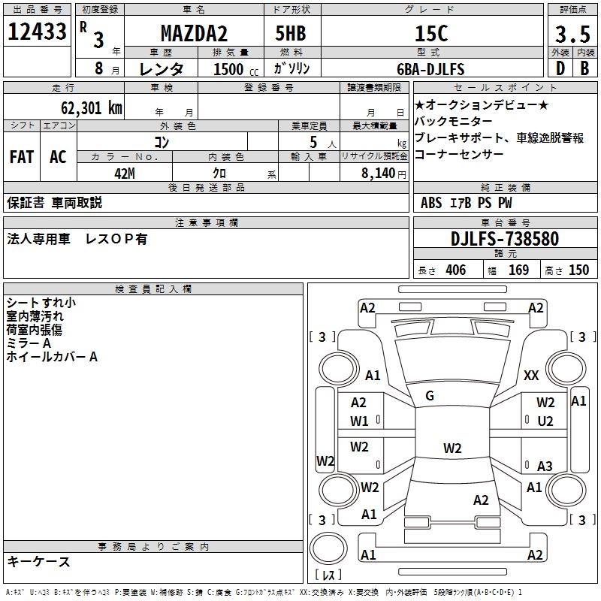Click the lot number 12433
[38, 32]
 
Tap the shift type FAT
[22, 157]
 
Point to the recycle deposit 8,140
[379, 172]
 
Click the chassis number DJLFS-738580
[505, 239]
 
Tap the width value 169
[518, 270]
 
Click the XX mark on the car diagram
[531, 376]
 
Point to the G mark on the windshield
[430, 395]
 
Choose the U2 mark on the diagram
[545, 421]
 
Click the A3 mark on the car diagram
[545, 467]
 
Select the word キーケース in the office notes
[39, 561]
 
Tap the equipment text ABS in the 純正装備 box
[431, 202]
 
